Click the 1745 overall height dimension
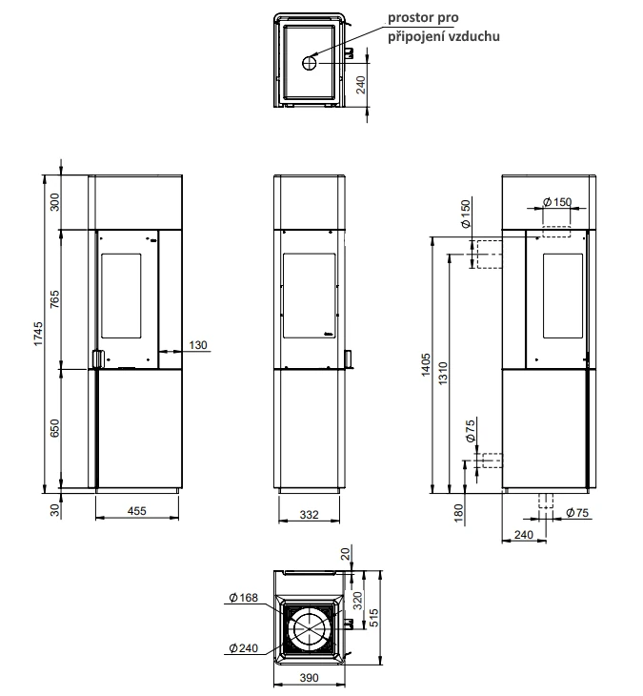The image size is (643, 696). (x=39, y=334)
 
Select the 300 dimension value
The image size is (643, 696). (x=54, y=202)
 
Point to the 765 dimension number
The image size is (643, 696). (x=54, y=299)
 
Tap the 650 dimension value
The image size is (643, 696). (x=54, y=428)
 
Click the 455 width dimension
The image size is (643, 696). (x=136, y=511)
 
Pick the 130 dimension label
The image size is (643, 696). (x=198, y=345)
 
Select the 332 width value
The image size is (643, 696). (x=309, y=515)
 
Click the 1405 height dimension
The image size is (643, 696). (x=426, y=364)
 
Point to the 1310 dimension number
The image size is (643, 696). (x=443, y=374)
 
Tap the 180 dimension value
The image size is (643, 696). (x=459, y=513)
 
